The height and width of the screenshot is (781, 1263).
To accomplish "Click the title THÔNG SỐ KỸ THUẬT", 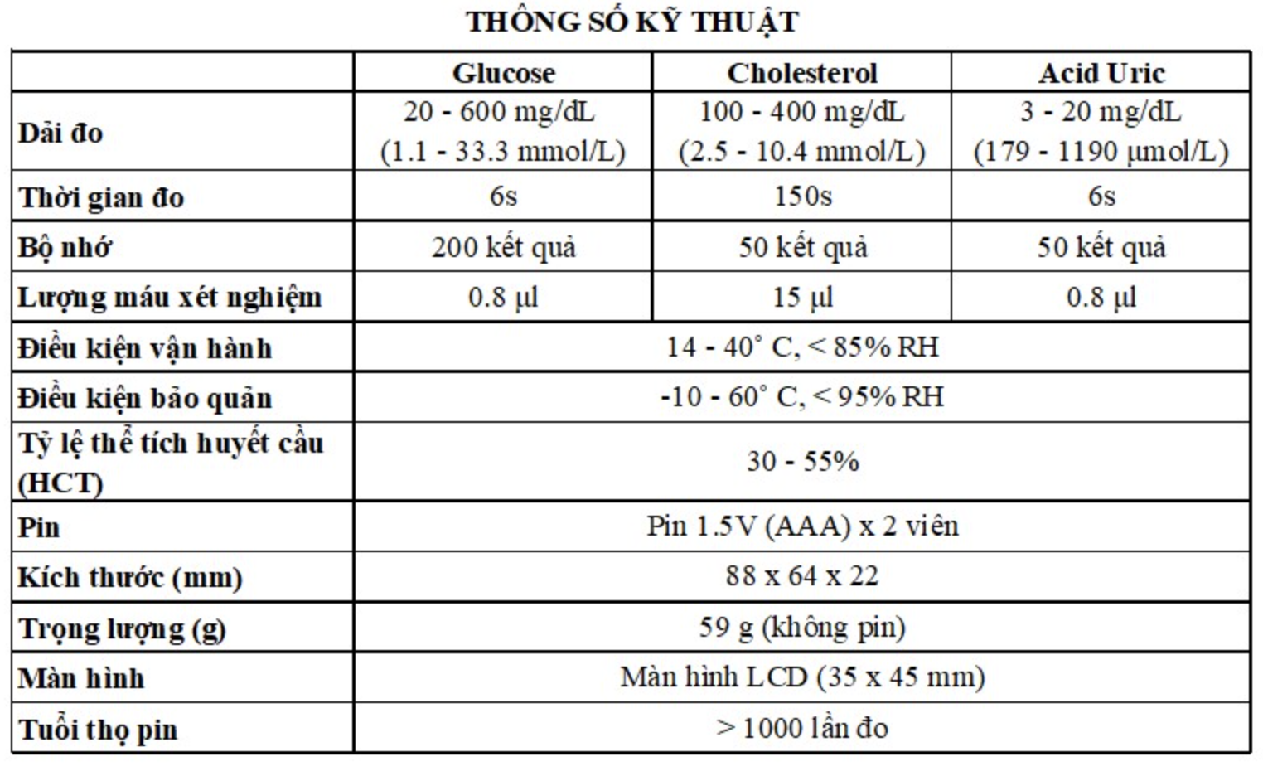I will coord(631,22).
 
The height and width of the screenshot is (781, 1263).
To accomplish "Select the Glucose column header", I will coord(503,73).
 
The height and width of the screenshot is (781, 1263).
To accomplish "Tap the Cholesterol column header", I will coord(801,73).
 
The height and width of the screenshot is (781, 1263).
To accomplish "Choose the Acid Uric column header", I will coord(1101,73).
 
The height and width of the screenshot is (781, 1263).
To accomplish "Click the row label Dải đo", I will coord(60,133).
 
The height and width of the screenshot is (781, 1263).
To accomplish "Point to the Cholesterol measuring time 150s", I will coord(802,196).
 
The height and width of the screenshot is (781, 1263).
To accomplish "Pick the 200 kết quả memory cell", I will coord(503,247).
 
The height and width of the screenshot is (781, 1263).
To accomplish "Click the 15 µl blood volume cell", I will coord(802,297).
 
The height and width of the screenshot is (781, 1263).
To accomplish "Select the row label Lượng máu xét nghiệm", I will coord(169,298).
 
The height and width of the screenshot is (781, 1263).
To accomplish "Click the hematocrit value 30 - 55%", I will coord(802,461).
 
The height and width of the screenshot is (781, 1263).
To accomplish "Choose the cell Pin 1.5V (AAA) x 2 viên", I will coord(802,526).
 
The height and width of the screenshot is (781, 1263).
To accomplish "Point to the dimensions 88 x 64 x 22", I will coord(801,576).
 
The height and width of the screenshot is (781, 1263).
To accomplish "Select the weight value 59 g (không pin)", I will coord(801,628).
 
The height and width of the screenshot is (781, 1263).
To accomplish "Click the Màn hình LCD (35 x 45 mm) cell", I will coord(802,677).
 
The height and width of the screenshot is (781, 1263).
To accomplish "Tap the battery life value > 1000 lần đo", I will coord(802,729).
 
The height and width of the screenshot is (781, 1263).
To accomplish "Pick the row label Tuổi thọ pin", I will coord(98,730).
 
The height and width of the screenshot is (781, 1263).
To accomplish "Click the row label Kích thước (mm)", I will coord(129,578).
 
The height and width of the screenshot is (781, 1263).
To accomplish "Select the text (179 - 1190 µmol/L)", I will coord(1101,152).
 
